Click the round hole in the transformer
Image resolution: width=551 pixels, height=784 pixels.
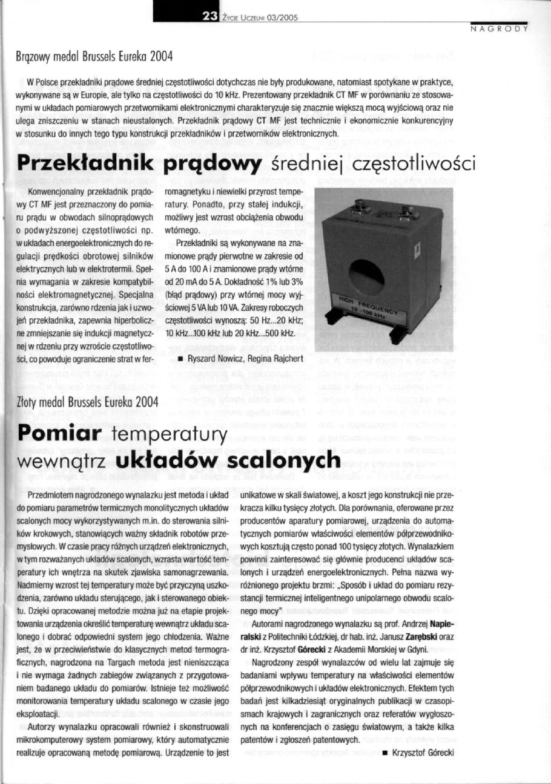366,278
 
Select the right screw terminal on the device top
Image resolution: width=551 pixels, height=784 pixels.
407,212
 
